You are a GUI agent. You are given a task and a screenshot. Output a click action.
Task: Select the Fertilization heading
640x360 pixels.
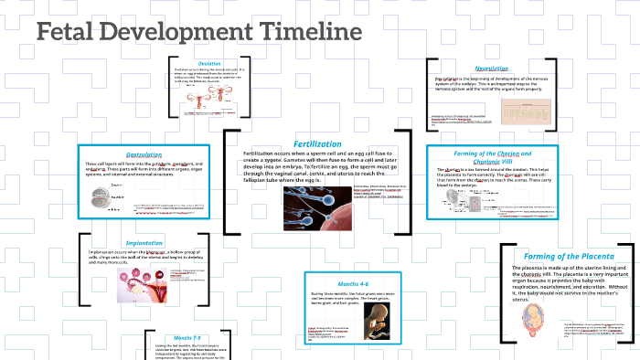(317, 143)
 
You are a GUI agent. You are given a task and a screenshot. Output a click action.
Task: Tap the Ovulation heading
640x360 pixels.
(210, 63)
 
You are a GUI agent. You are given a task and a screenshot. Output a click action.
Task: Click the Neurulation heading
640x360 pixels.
(491, 69)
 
